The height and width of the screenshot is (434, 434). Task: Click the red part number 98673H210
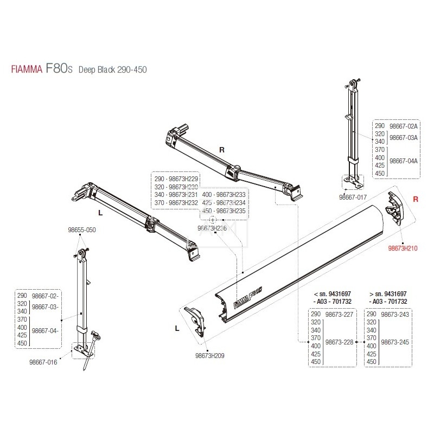pos(402,245)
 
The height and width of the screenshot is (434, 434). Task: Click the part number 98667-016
pos(58,362)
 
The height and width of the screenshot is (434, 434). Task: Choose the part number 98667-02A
pos(404,125)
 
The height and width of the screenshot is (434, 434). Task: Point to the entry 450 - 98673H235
pos(224,212)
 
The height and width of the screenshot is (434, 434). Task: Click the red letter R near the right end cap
pos(416,200)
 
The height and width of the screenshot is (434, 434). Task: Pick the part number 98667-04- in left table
pos(46,330)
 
